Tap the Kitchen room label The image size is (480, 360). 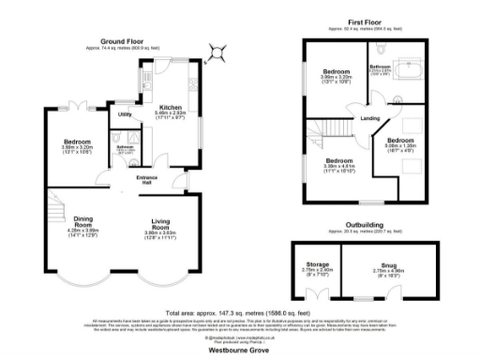click(171, 107)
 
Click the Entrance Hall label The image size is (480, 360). click(148, 179)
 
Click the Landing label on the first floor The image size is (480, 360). click(370, 118)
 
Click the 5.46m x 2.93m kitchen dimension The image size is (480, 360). click(171, 113)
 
